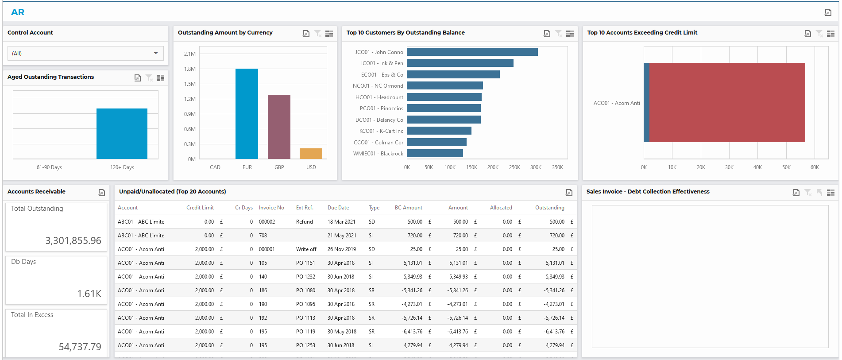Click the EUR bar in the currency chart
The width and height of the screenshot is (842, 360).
(247, 114)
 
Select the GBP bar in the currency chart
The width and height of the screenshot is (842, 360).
(279, 127)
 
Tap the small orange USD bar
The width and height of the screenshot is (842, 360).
(311, 154)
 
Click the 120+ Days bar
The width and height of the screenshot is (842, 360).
(122, 133)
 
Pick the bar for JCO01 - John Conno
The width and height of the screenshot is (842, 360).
(472, 52)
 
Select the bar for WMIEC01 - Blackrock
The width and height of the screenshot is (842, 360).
(435, 153)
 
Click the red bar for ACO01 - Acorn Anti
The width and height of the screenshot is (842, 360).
(727, 102)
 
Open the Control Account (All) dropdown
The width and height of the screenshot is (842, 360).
(85, 54)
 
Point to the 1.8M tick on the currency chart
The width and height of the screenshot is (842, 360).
(190, 69)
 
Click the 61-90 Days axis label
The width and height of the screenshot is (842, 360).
(49, 167)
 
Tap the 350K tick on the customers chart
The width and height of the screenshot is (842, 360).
(557, 167)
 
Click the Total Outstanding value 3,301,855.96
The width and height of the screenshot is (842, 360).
(73, 240)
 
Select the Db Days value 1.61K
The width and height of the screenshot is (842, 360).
(89, 294)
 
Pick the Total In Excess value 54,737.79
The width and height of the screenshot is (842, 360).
(80, 347)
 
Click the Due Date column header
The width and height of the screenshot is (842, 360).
(338, 208)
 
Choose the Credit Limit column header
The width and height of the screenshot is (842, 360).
(200, 208)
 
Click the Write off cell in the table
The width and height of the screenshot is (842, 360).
(306, 249)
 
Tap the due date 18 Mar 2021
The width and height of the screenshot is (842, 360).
(341, 222)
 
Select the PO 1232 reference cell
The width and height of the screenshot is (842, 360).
(305, 277)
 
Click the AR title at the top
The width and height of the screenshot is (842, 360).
(18, 12)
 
